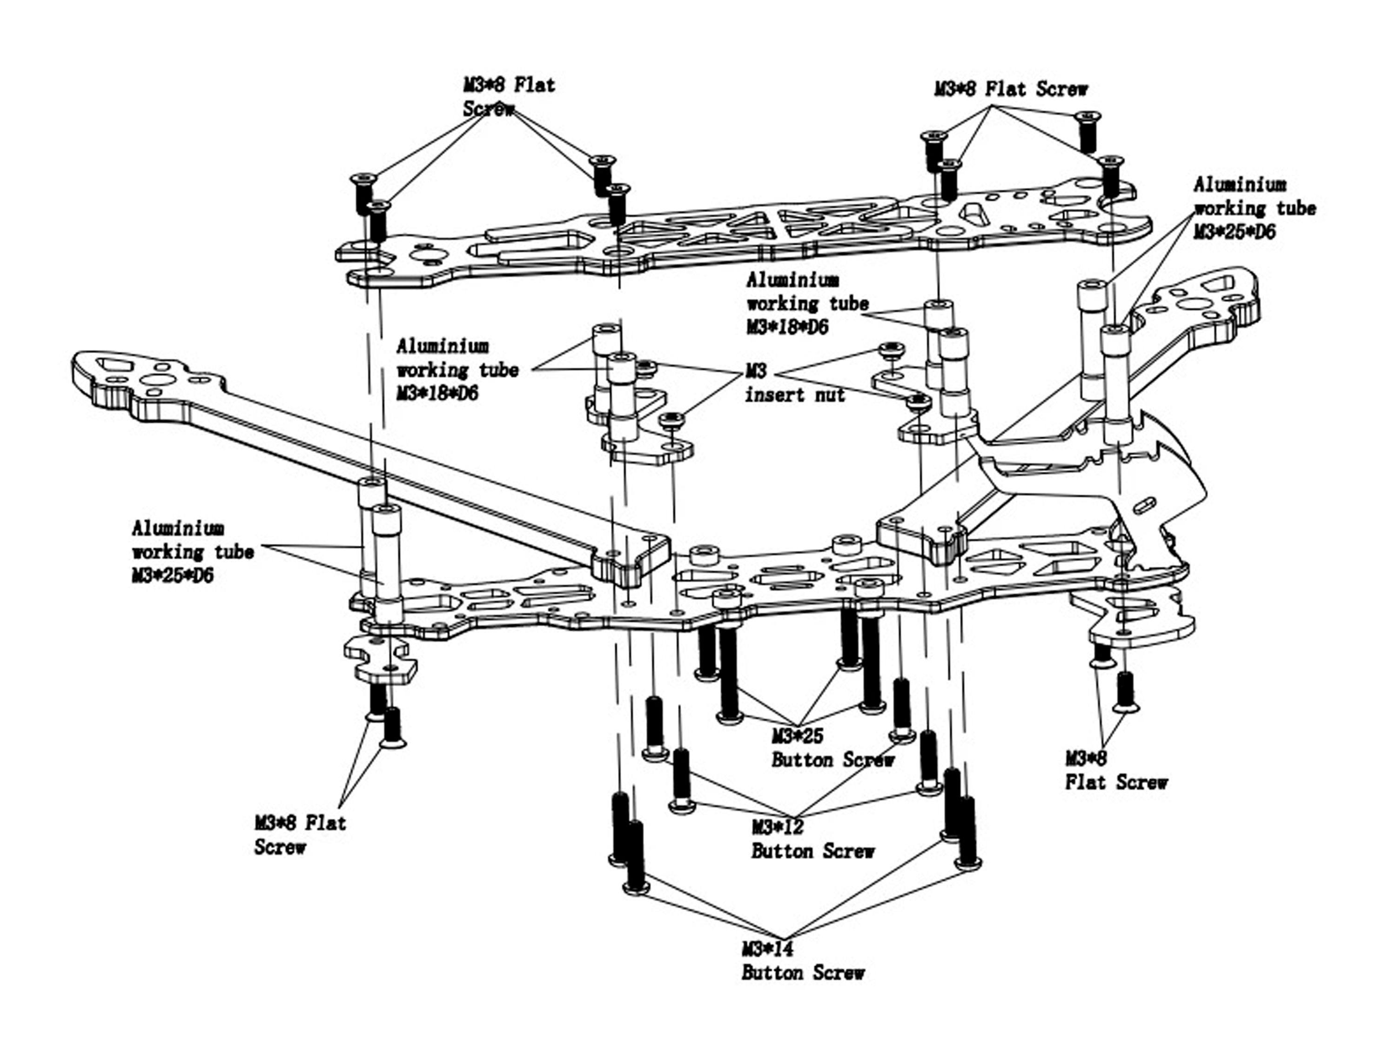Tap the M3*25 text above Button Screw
pos(797,736)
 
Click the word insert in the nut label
pos(776,395)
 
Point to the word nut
pos(827,395)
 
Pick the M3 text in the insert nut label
pos(756,371)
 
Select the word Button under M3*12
pos(781,851)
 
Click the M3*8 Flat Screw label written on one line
pos(1011,89)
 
